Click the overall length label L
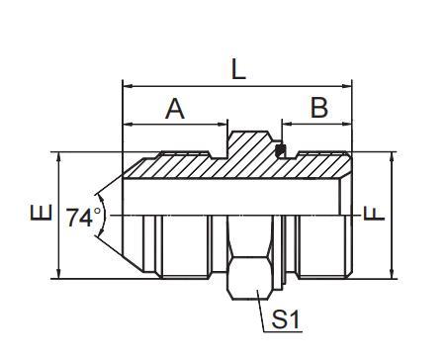[237, 68]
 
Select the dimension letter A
[175, 109]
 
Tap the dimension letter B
[318, 108]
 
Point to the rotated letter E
[39, 214]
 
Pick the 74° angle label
[83, 216]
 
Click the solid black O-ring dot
[281, 151]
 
